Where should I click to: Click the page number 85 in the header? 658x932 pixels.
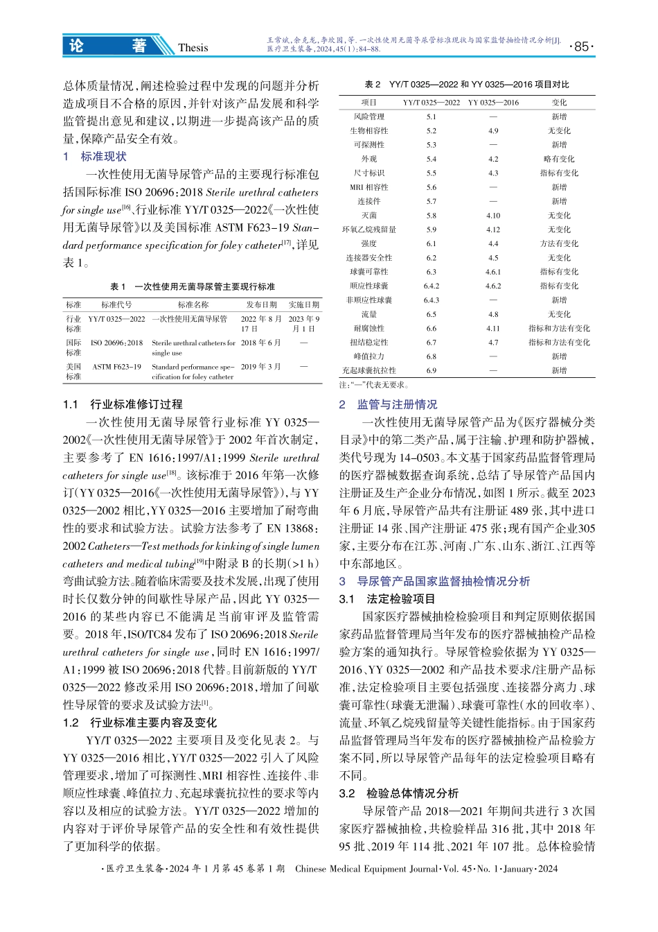click(x=581, y=46)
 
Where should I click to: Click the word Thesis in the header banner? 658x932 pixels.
click(x=193, y=47)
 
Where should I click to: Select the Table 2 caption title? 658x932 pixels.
click(x=467, y=85)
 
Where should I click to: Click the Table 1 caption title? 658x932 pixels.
click(x=193, y=286)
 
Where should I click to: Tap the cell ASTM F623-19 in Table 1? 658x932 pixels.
click(x=116, y=367)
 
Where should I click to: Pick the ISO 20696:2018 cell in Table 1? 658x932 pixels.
click(x=116, y=343)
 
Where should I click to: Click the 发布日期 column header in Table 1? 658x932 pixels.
click(x=261, y=304)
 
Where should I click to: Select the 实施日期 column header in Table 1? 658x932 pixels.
click(x=303, y=304)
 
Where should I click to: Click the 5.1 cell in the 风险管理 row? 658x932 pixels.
click(x=431, y=116)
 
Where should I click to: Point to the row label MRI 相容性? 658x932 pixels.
click(x=368, y=187)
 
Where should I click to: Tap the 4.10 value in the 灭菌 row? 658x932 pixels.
click(x=492, y=216)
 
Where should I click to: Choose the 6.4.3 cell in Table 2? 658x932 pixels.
click(x=431, y=300)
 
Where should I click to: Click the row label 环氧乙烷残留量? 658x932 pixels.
click(x=368, y=230)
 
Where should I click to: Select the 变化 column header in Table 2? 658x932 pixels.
click(x=559, y=102)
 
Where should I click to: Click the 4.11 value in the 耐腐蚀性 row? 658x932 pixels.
click(x=492, y=329)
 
